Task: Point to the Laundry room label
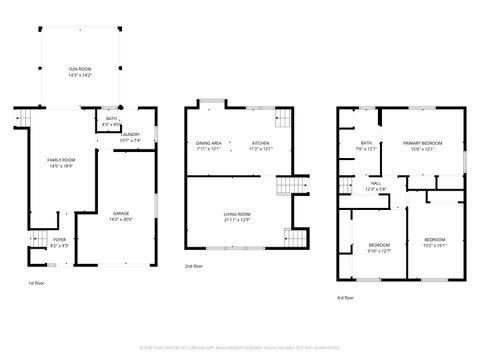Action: coord(130,137)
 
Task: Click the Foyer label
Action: coord(60,241)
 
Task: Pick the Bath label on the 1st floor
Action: coord(111,121)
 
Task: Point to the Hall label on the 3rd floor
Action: coord(376,186)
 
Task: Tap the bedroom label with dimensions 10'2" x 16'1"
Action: coord(434,241)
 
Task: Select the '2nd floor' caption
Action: coord(193,267)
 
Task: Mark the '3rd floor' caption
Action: coord(345,297)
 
